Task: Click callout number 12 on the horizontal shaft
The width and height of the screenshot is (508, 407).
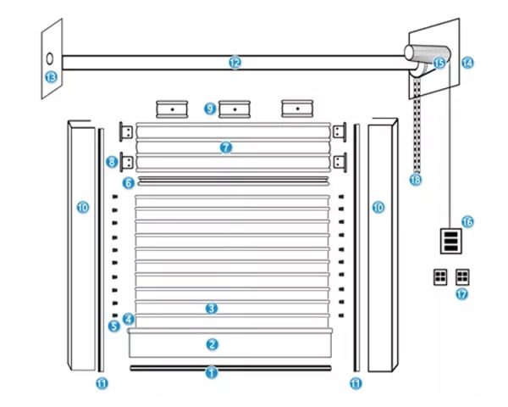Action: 235,62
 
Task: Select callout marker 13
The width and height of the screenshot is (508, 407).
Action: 50,77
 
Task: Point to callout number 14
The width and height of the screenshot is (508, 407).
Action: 467,62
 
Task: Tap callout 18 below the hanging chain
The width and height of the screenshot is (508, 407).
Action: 415,180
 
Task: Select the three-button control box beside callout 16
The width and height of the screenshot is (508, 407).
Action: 451,240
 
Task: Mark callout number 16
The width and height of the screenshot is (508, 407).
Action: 467,221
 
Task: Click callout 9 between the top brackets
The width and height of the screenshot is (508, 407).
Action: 210,109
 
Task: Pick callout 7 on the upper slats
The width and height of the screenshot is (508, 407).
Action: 225,148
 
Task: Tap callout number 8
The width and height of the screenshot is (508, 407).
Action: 112,160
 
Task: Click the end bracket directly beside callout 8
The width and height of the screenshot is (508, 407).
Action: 128,160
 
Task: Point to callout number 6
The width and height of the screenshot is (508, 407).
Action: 128,182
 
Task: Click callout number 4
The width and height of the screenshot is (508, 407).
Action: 128,319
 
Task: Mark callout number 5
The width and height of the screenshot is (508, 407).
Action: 113,325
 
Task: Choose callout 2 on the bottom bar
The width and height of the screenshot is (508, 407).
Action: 213,344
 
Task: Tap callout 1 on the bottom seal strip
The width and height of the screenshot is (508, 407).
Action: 213,371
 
